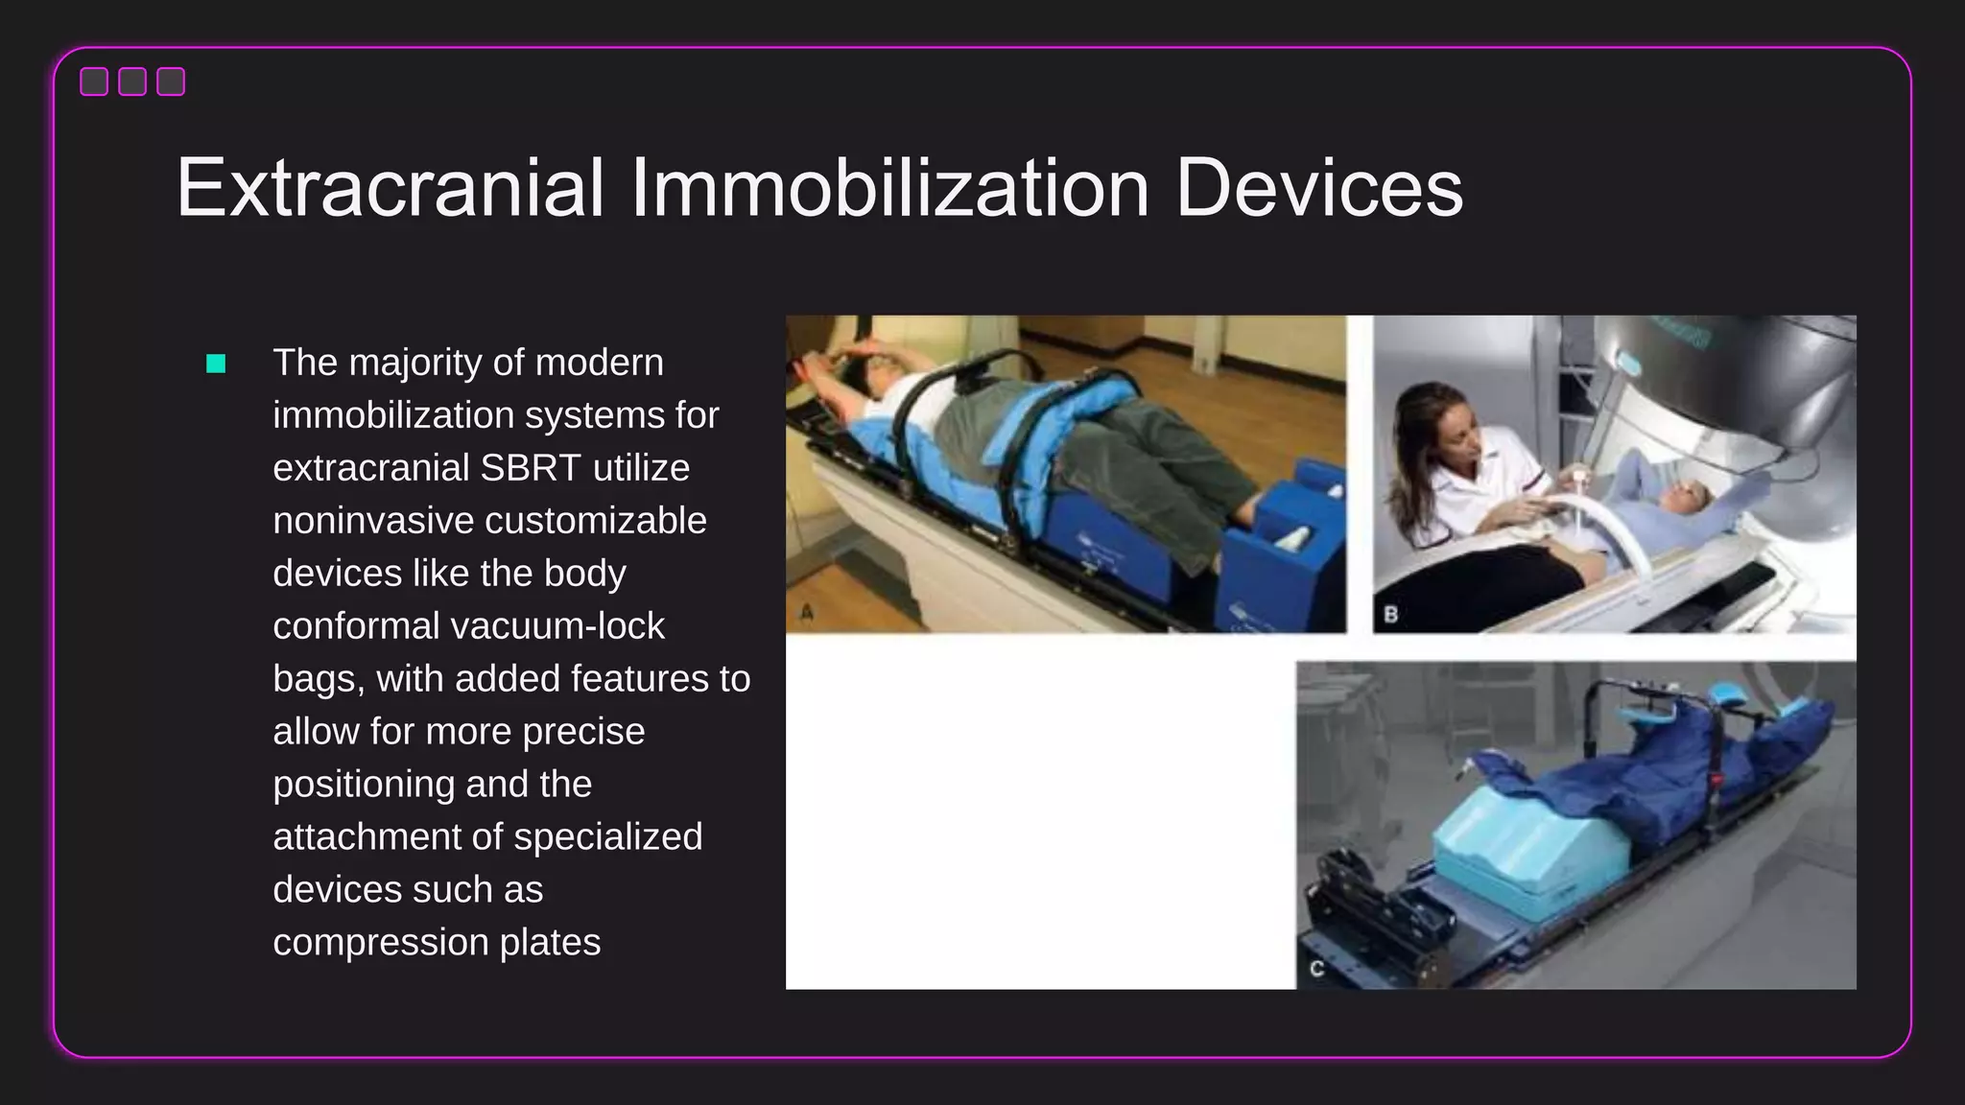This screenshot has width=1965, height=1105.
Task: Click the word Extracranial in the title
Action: (x=390, y=188)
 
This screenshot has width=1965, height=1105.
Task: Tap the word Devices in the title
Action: (x=1318, y=188)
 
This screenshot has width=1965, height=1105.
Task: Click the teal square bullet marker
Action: (x=216, y=364)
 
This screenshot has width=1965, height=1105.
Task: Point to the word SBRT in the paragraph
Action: (x=530, y=468)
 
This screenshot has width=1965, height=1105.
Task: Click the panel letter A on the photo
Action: (x=807, y=612)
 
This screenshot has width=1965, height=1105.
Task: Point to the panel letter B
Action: (x=1390, y=614)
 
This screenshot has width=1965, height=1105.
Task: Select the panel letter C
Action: (x=1316, y=969)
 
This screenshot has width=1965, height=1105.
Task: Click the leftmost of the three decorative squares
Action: (x=94, y=82)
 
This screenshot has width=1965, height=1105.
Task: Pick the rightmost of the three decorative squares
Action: (x=171, y=82)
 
